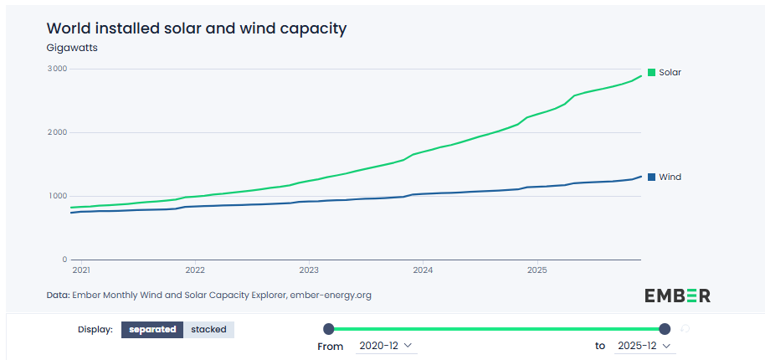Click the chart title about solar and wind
[x=196, y=28]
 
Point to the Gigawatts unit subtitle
[x=72, y=48]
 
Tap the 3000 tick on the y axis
[x=56, y=69]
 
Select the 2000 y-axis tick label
[x=56, y=132]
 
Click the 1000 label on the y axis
[x=56, y=196]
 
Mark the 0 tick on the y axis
[x=64, y=260]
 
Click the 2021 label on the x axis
[x=81, y=270]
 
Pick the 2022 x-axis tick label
[x=195, y=270]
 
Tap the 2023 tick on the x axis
[x=309, y=270]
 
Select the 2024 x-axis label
[x=423, y=270]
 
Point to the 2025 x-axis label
[x=537, y=270]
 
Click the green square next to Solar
[x=652, y=72]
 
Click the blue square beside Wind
[x=652, y=177]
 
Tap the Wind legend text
[x=670, y=177]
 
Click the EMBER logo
[x=677, y=295]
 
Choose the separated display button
[x=152, y=329]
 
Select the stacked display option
[x=208, y=329]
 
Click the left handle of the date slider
[x=328, y=329]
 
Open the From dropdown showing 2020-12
[x=385, y=346]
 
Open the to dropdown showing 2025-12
[x=644, y=346]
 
